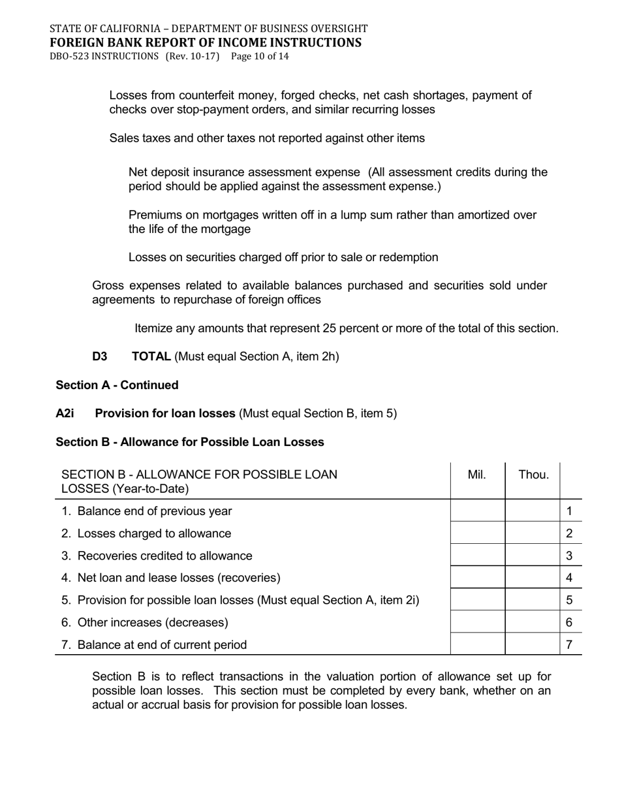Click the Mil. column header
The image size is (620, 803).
[477, 475]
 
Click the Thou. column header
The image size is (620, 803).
[533, 475]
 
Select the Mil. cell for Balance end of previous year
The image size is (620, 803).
[478, 511]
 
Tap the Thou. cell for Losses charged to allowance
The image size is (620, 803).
[533, 533]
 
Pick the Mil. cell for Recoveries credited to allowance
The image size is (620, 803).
[478, 556]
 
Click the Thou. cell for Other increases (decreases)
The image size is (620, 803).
[533, 622]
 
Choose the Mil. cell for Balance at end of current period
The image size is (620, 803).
[478, 644]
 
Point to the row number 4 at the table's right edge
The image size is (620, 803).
[570, 578]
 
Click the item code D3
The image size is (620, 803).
[100, 356]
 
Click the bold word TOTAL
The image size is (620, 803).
[151, 356]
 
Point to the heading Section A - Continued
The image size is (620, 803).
[117, 385]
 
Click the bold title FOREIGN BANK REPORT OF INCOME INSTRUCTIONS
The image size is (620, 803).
[205, 43]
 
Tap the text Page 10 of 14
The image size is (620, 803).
[260, 56]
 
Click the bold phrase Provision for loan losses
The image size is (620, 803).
[165, 413]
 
